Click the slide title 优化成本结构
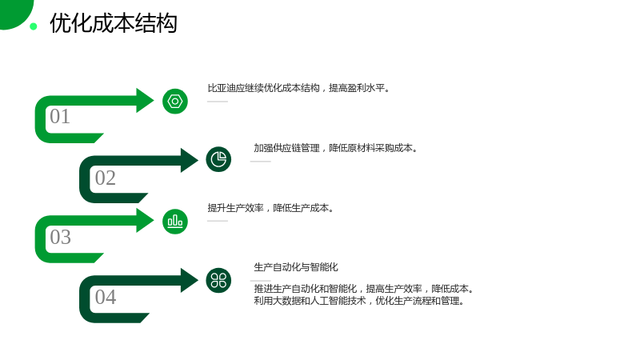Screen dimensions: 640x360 pyautogui.click(x=114, y=23)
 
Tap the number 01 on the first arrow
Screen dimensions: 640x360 pyautogui.click(x=60, y=116)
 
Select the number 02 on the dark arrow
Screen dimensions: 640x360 pyautogui.click(x=106, y=178)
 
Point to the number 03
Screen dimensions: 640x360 pyautogui.click(x=61, y=237)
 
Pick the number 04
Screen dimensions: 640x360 pyautogui.click(x=106, y=297)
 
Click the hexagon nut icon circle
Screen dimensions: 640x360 pyautogui.click(x=175, y=102)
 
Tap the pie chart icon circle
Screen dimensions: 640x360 pyautogui.click(x=218, y=159)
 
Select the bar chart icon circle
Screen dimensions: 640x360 pyautogui.click(x=175, y=222)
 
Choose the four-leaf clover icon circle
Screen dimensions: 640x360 pyautogui.click(x=218, y=281)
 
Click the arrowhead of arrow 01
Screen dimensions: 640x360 pyautogui.click(x=144, y=101)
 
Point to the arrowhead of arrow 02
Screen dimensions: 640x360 pyautogui.click(x=189, y=160)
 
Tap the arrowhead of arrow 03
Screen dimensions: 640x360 pyautogui.click(x=144, y=221)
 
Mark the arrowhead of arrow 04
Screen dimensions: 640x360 pyautogui.click(x=189, y=281)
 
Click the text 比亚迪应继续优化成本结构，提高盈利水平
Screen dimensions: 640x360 pyautogui.click(x=298, y=88)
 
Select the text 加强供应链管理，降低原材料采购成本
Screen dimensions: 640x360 pyautogui.click(x=335, y=148)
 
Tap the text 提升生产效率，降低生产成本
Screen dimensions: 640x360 pyautogui.click(x=270, y=208)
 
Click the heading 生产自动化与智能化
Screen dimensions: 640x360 pyautogui.click(x=296, y=267)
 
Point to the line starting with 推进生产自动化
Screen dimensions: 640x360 pyautogui.click(x=364, y=289)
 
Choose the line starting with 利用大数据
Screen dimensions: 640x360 pyautogui.click(x=358, y=302)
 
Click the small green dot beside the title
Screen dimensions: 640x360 pyautogui.click(x=34, y=26)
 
